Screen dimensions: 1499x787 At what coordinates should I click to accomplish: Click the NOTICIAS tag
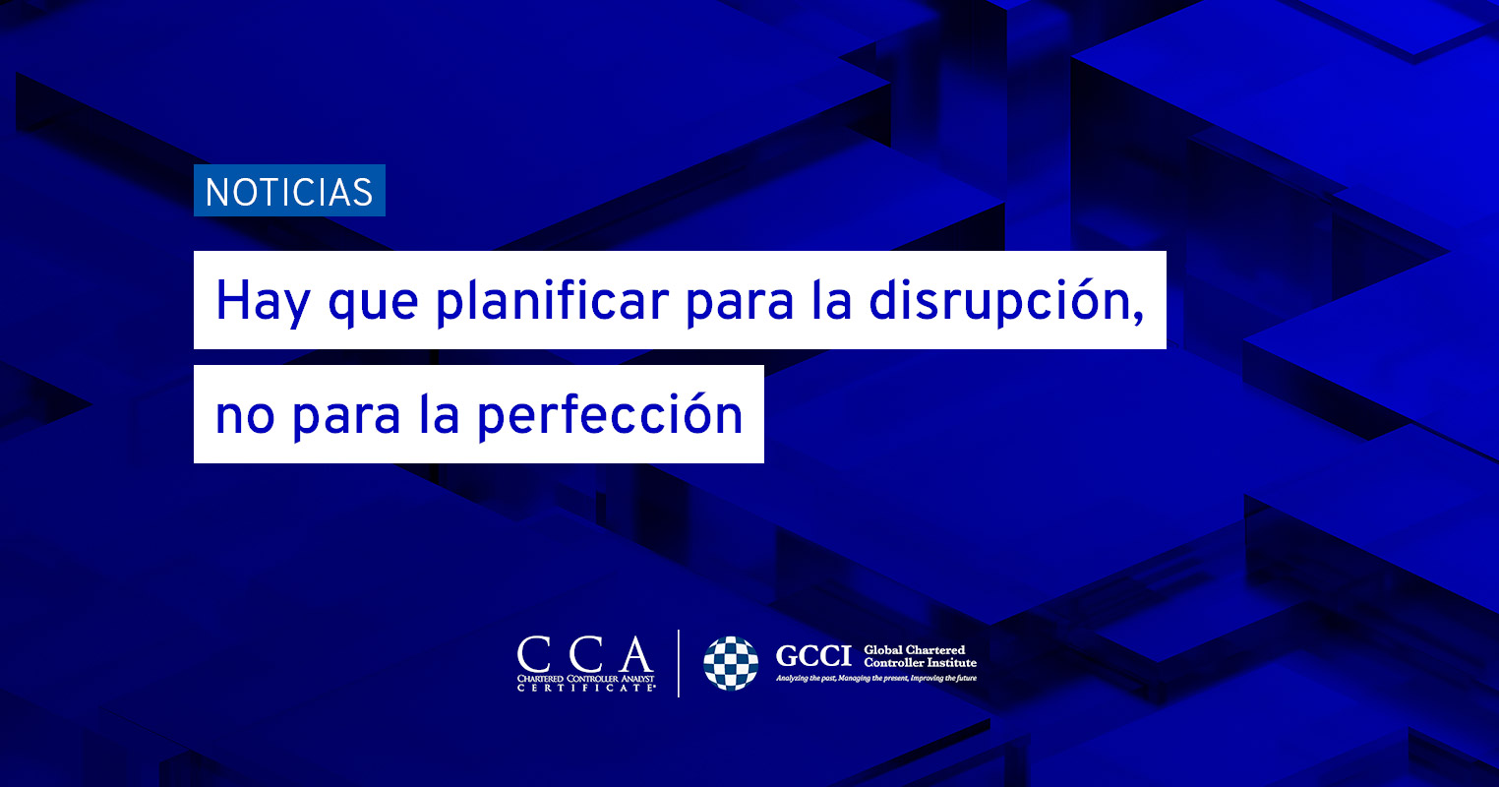[x=289, y=191]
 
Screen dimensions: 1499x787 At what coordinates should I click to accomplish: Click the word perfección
[x=610, y=415]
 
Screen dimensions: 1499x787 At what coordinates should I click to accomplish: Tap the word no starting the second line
[x=245, y=416]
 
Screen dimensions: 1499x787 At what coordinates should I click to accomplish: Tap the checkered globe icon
[x=731, y=663]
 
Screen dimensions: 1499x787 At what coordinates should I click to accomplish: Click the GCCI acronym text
[x=813, y=656]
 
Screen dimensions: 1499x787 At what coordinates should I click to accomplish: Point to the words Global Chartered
[x=914, y=650]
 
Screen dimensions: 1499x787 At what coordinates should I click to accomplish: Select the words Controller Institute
[x=920, y=662]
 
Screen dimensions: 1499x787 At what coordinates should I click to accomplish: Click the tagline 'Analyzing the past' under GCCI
[x=876, y=679]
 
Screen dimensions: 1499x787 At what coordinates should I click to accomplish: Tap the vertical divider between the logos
[x=679, y=663]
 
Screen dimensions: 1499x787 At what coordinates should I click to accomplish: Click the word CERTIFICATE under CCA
[x=586, y=688]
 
